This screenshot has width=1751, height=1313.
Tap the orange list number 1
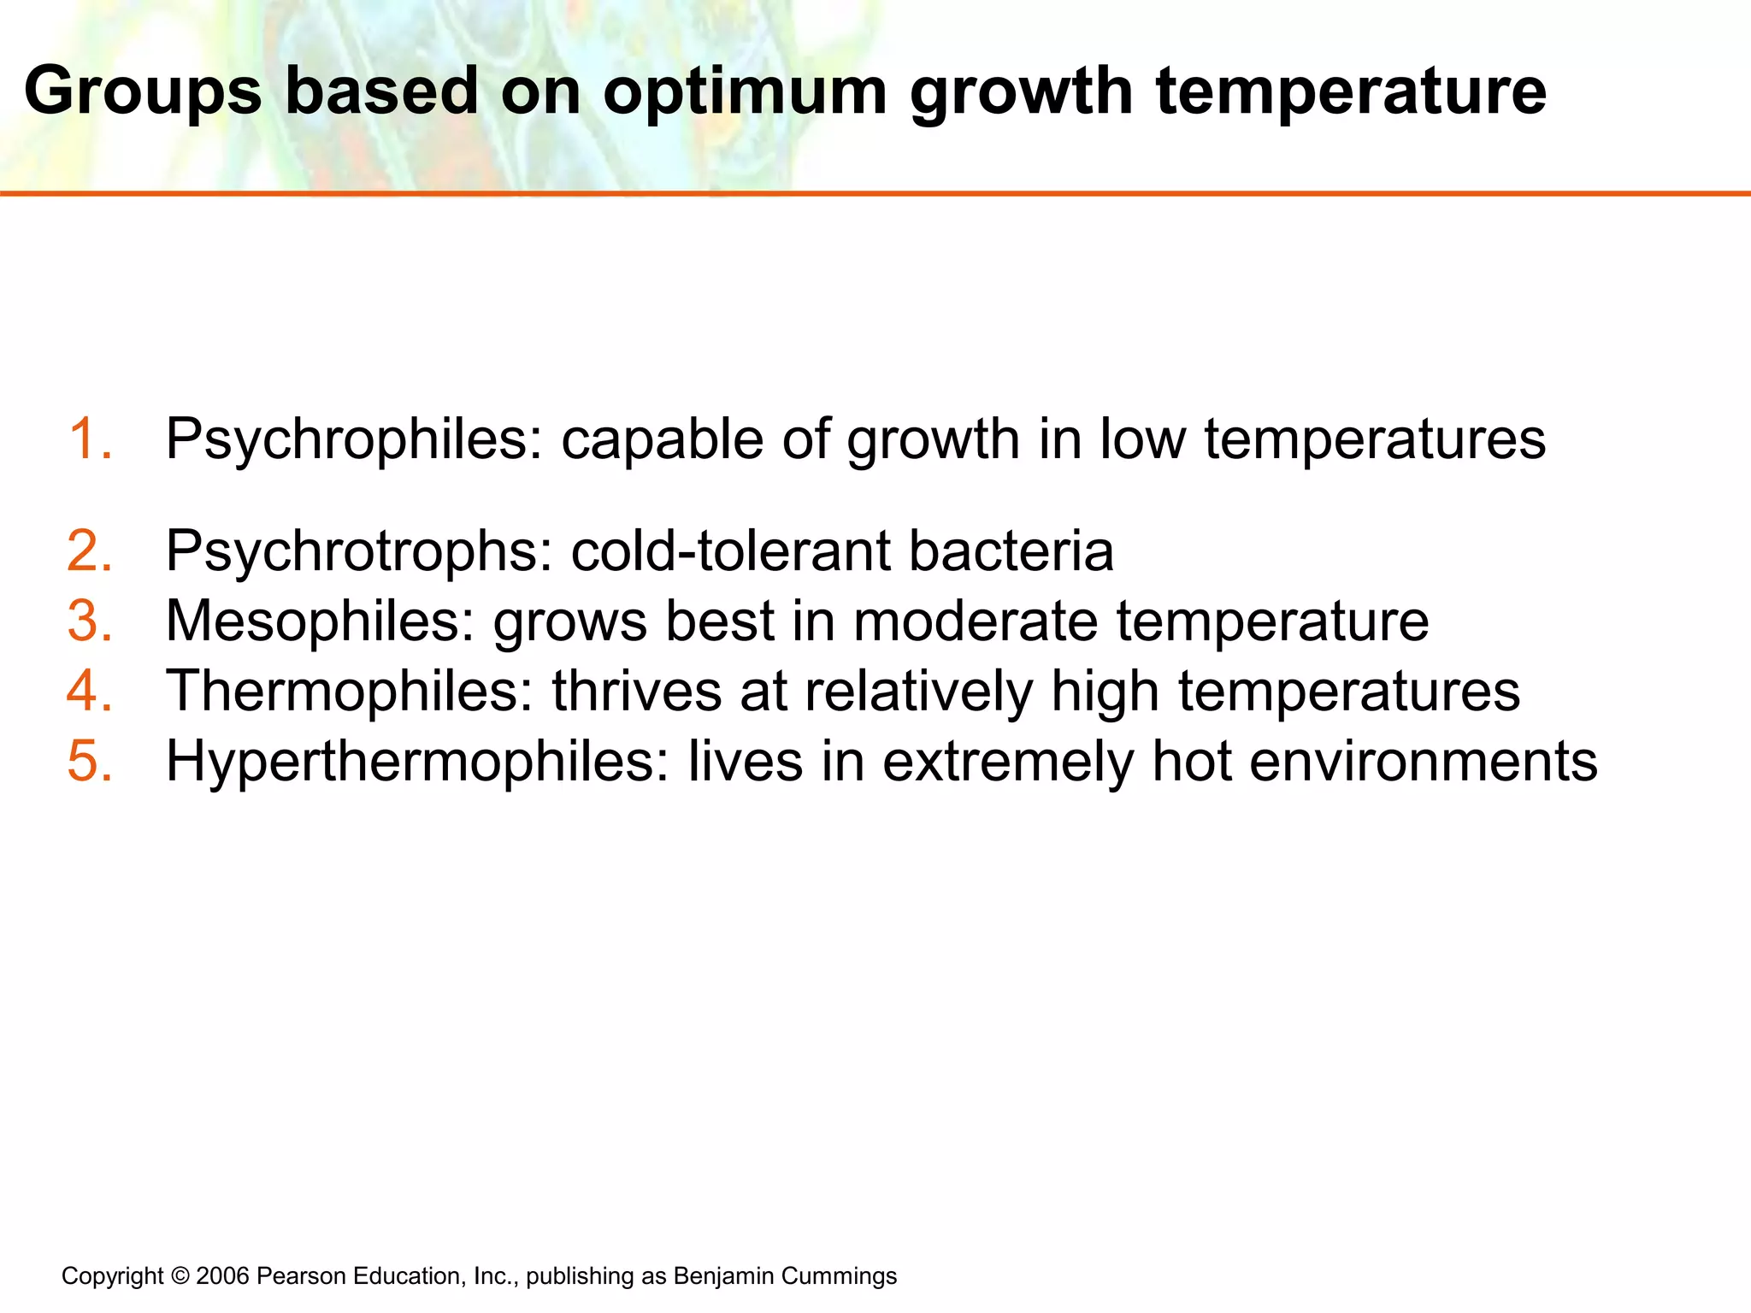point(89,439)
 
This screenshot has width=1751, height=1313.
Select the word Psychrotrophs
point(359,552)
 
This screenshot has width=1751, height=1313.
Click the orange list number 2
point(90,551)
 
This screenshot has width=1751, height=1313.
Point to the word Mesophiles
point(320,621)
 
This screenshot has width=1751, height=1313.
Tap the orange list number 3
point(90,621)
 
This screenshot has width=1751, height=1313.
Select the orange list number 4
point(90,692)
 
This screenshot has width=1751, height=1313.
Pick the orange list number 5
point(90,762)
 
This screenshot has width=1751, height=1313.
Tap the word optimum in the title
point(745,92)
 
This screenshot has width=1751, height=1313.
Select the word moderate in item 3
point(976,621)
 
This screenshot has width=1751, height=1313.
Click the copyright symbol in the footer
point(180,1276)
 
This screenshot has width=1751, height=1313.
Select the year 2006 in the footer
point(222,1276)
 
